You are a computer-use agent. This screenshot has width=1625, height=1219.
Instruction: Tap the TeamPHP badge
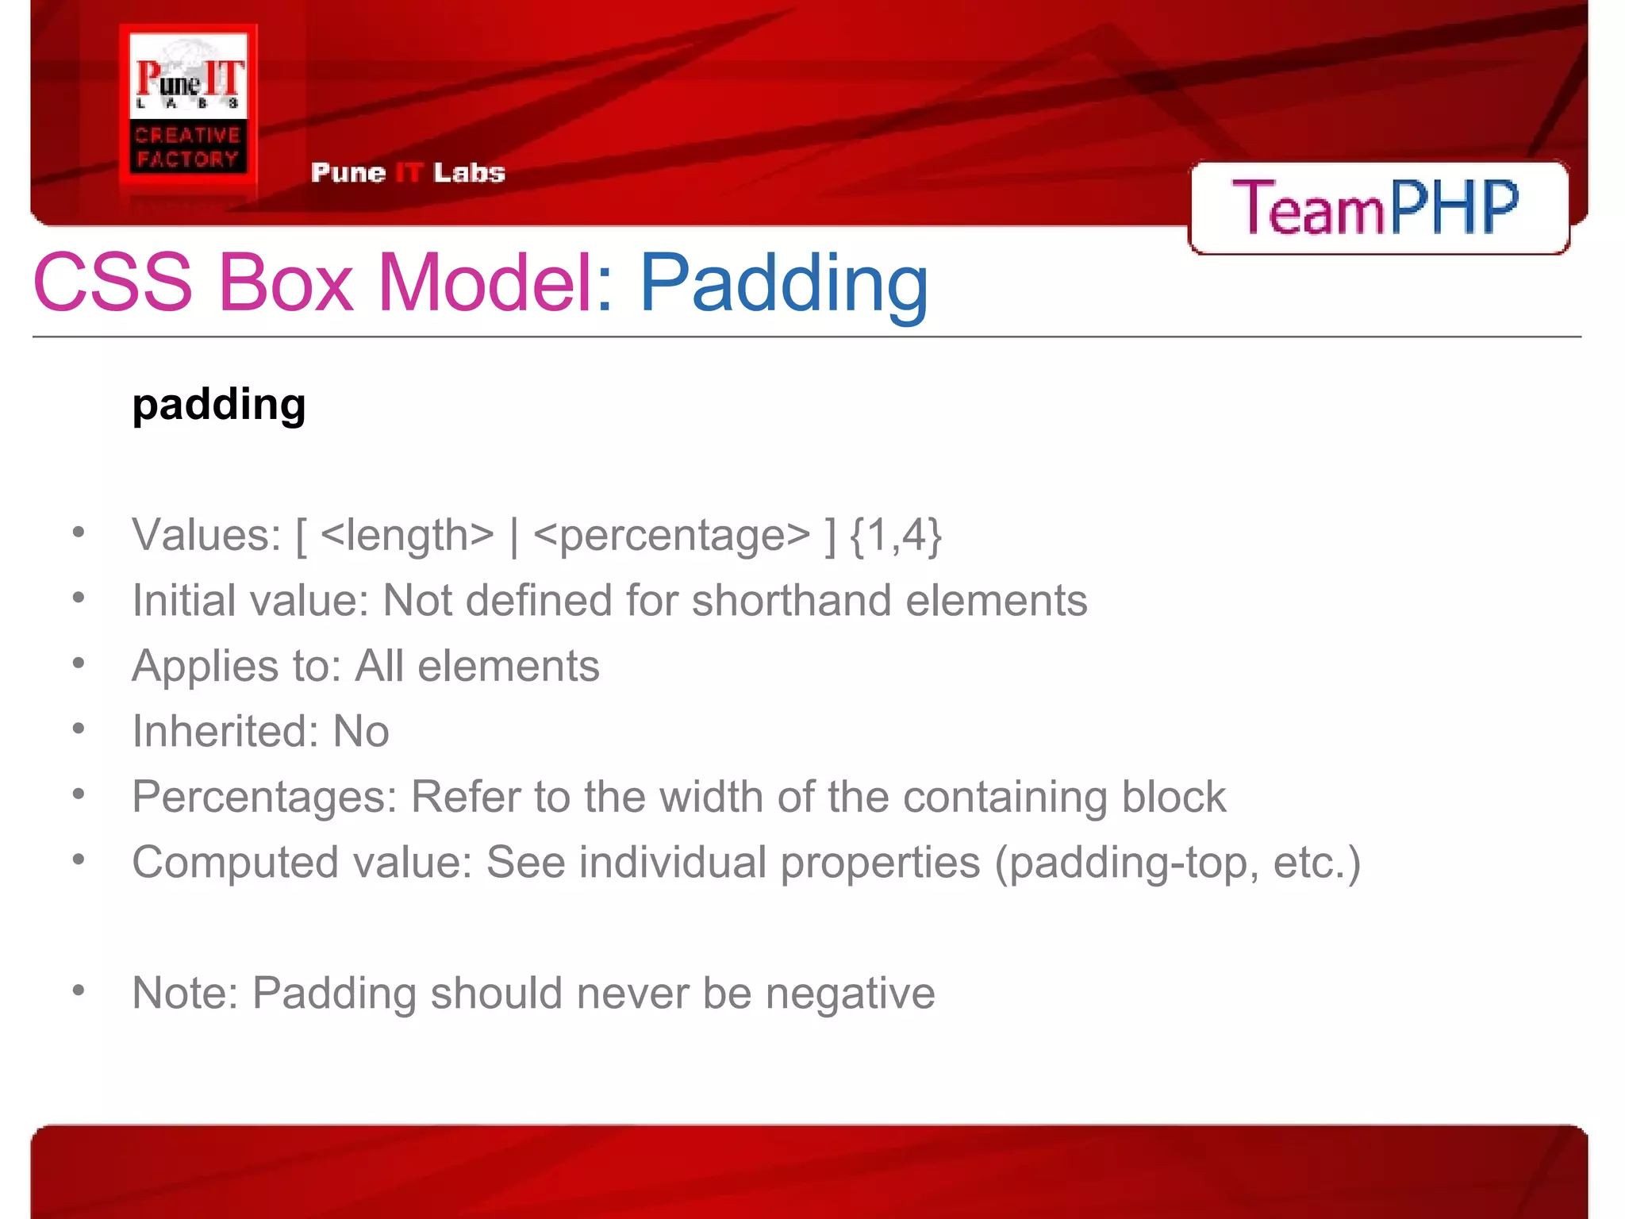click(x=1377, y=207)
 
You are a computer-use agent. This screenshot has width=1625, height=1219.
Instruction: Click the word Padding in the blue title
click(x=783, y=284)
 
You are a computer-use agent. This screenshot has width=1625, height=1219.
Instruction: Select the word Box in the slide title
click(x=285, y=283)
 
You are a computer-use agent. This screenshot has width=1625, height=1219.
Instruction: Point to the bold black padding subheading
click(x=219, y=405)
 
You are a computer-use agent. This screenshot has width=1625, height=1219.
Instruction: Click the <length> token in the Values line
click(x=408, y=535)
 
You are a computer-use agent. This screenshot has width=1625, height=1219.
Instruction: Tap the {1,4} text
click(x=895, y=535)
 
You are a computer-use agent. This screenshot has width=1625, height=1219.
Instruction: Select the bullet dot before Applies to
click(x=78, y=663)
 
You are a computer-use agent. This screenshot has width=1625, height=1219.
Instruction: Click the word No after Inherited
click(x=361, y=731)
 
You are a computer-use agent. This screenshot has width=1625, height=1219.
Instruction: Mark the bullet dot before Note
click(x=78, y=990)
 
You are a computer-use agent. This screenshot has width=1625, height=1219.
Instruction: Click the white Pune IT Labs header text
click(x=408, y=173)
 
